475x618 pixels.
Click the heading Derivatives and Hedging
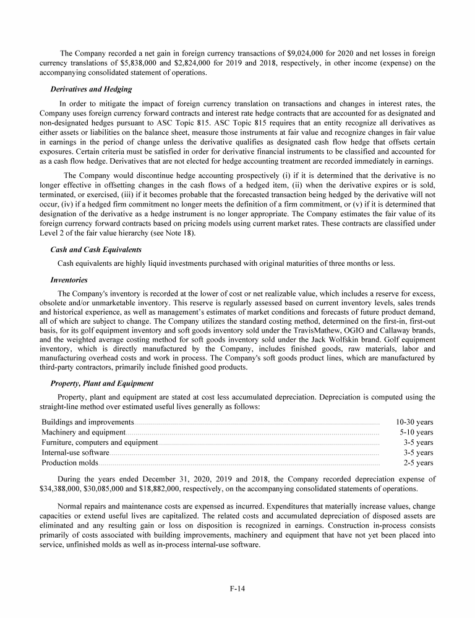(x=91, y=90)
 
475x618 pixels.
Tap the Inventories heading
(x=69, y=280)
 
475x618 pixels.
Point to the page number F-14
(x=237, y=588)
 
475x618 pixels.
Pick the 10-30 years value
(x=414, y=423)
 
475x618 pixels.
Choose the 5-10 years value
(x=416, y=433)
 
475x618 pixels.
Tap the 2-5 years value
(x=418, y=462)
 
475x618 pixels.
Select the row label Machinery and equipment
(x=83, y=433)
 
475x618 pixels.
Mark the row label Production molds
(x=70, y=462)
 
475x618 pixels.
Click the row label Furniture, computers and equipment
(x=100, y=442)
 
